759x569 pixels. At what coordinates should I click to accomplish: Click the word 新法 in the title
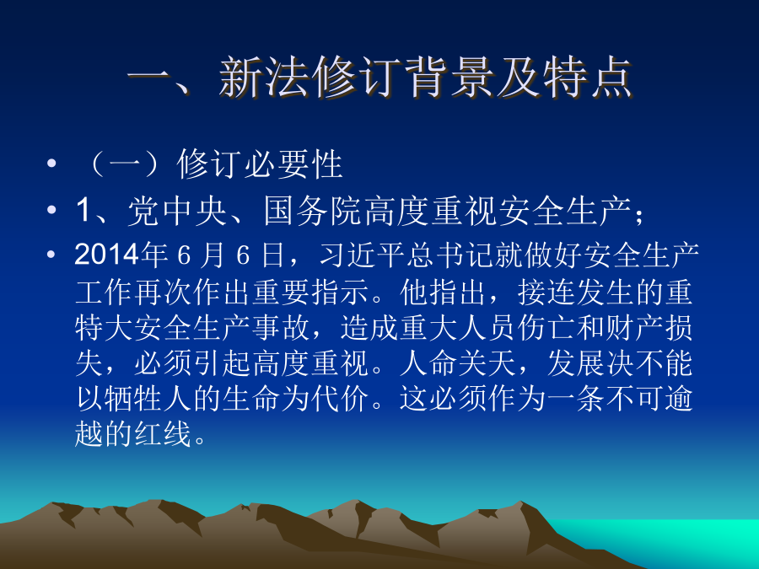click(x=264, y=78)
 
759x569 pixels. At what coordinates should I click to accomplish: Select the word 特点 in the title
click(x=588, y=78)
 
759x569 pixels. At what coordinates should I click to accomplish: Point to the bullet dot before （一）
click(x=51, y=163)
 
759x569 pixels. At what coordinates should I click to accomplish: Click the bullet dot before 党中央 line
click(x=51, y=210)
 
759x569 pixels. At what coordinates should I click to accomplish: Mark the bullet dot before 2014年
click(x=51, y=254)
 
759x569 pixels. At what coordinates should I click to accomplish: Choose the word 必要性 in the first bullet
click(x=294, y=164)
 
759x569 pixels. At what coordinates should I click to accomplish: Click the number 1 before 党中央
click(x=83, y=211)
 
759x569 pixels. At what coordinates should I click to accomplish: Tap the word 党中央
click(x=178, y=211)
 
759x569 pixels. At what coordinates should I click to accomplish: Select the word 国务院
click(x=313, y=211)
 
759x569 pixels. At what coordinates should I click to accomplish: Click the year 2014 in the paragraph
click(x=106, y=255)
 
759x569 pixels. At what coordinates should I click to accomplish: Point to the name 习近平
click(x=362, y=255)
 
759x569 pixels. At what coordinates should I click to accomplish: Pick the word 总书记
click(x=450, y=255)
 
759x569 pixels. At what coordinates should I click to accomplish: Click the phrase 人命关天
click(x=459, y=363)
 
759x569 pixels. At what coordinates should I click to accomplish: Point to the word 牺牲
click(x=134, y=399)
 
